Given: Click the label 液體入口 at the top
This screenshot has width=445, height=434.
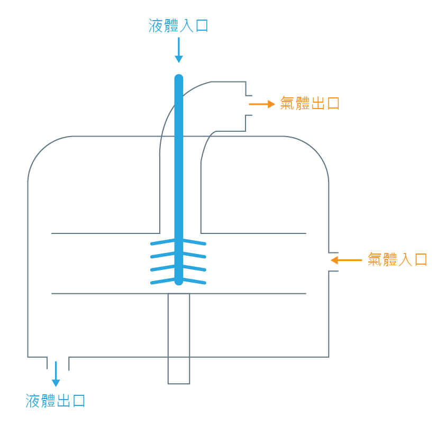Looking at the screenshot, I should [178, 25].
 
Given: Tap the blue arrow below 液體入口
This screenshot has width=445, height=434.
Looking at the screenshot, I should [178, 50].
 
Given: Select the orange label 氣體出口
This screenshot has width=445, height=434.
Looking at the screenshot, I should [310, 103].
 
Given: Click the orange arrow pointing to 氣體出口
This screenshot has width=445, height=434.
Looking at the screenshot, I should [261, 104].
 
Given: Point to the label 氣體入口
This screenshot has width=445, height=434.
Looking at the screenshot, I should [397, 259].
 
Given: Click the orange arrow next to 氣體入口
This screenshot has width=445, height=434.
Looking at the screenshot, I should [346, 260].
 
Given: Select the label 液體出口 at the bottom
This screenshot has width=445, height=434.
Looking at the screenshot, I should [56, 401].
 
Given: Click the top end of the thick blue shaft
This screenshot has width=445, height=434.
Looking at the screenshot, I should [179, 79].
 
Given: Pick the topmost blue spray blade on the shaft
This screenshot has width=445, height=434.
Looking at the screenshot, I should [178, 242].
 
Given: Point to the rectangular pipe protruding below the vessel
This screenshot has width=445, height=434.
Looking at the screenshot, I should [179, 370].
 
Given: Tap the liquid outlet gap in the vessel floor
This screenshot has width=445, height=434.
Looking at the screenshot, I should [58, 358].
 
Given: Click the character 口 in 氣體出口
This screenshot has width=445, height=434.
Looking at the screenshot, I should [332, 103].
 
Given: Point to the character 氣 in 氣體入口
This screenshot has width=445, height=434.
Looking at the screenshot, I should [375, 259].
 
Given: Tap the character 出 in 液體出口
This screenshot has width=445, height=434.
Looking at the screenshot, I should [63, 401].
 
